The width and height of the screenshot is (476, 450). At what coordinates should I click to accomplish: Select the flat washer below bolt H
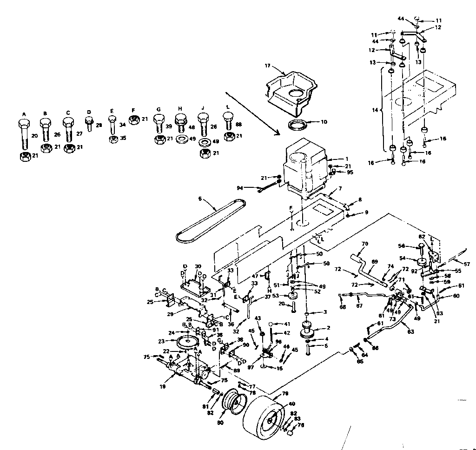182,139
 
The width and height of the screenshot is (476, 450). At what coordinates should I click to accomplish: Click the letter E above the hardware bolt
112,111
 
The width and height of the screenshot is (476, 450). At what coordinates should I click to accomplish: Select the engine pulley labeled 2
308,329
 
